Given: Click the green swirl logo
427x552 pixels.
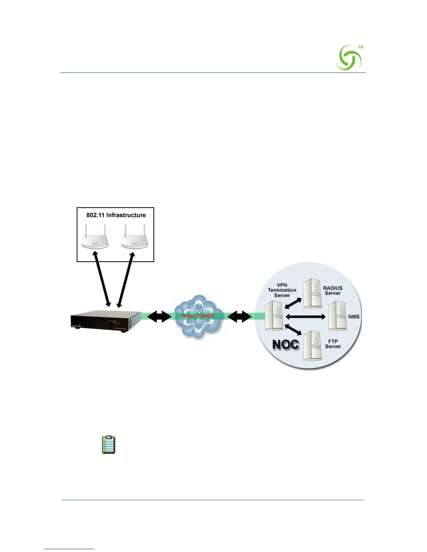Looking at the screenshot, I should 349,58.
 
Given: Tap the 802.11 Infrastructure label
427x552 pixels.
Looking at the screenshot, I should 116,215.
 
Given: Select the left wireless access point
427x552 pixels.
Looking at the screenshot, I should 95,237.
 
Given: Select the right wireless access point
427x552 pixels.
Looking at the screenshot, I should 135,237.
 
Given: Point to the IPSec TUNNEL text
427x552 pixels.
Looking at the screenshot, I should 198,316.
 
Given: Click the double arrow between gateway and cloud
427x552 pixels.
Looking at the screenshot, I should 159,316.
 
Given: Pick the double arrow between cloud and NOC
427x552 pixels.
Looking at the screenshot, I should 239,316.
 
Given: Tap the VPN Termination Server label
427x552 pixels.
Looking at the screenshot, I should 282,290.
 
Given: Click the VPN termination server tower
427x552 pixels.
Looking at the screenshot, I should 274,316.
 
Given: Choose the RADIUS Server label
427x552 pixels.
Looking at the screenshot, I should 332,291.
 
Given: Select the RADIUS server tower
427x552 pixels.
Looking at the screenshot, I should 312,294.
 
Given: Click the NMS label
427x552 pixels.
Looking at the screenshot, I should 353,317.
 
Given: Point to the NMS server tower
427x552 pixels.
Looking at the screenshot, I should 337,316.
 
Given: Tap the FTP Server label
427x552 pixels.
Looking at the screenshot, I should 333,344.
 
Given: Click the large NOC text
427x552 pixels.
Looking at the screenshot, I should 285,344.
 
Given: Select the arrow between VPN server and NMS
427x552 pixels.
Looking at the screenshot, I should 305,316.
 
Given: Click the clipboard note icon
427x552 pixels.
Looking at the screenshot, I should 108,445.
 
